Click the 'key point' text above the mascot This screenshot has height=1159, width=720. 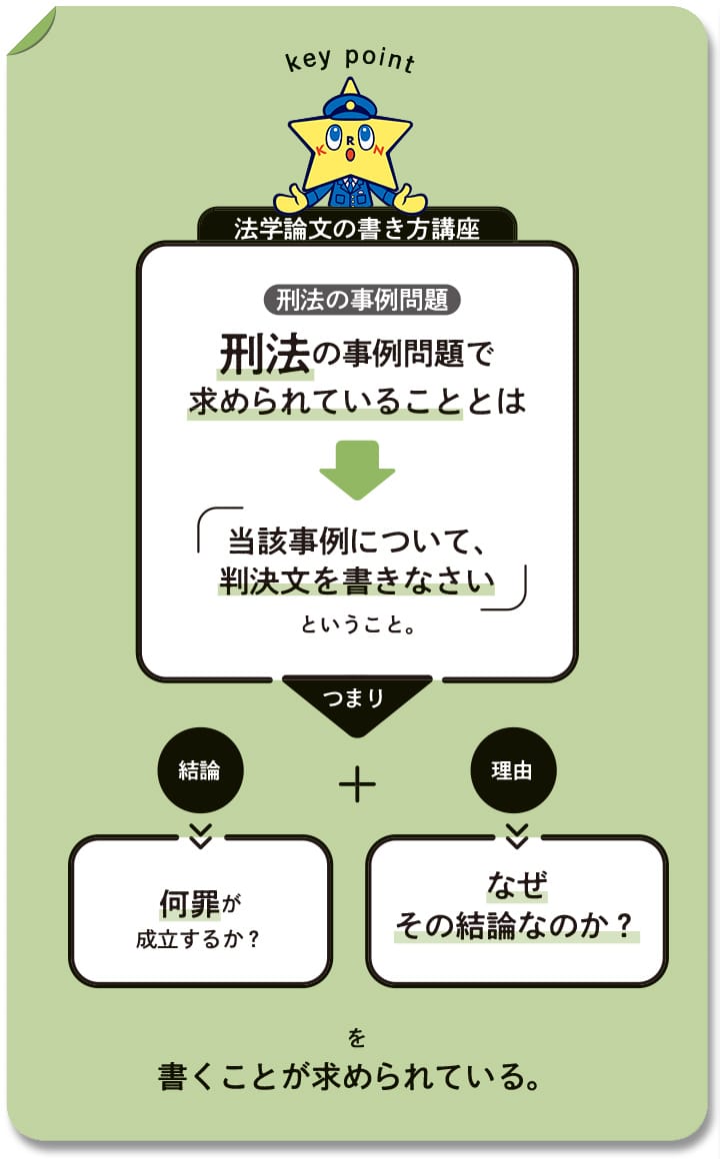350,58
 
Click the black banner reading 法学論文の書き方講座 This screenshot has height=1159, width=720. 357,226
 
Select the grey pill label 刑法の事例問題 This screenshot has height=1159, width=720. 362,300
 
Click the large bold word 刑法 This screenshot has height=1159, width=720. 264,354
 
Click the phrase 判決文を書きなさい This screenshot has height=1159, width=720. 357,580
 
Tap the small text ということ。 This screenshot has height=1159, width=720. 357,624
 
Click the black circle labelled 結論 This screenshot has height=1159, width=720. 200,770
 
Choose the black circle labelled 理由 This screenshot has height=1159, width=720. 513,770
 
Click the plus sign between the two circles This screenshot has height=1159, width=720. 357,784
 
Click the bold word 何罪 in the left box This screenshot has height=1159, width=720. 189,903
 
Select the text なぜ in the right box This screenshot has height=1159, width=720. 517,884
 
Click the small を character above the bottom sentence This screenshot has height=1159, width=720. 357,1038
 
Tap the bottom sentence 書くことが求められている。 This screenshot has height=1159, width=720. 349,1076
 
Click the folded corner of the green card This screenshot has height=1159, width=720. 30,32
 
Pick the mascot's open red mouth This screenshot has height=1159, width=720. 350,154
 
